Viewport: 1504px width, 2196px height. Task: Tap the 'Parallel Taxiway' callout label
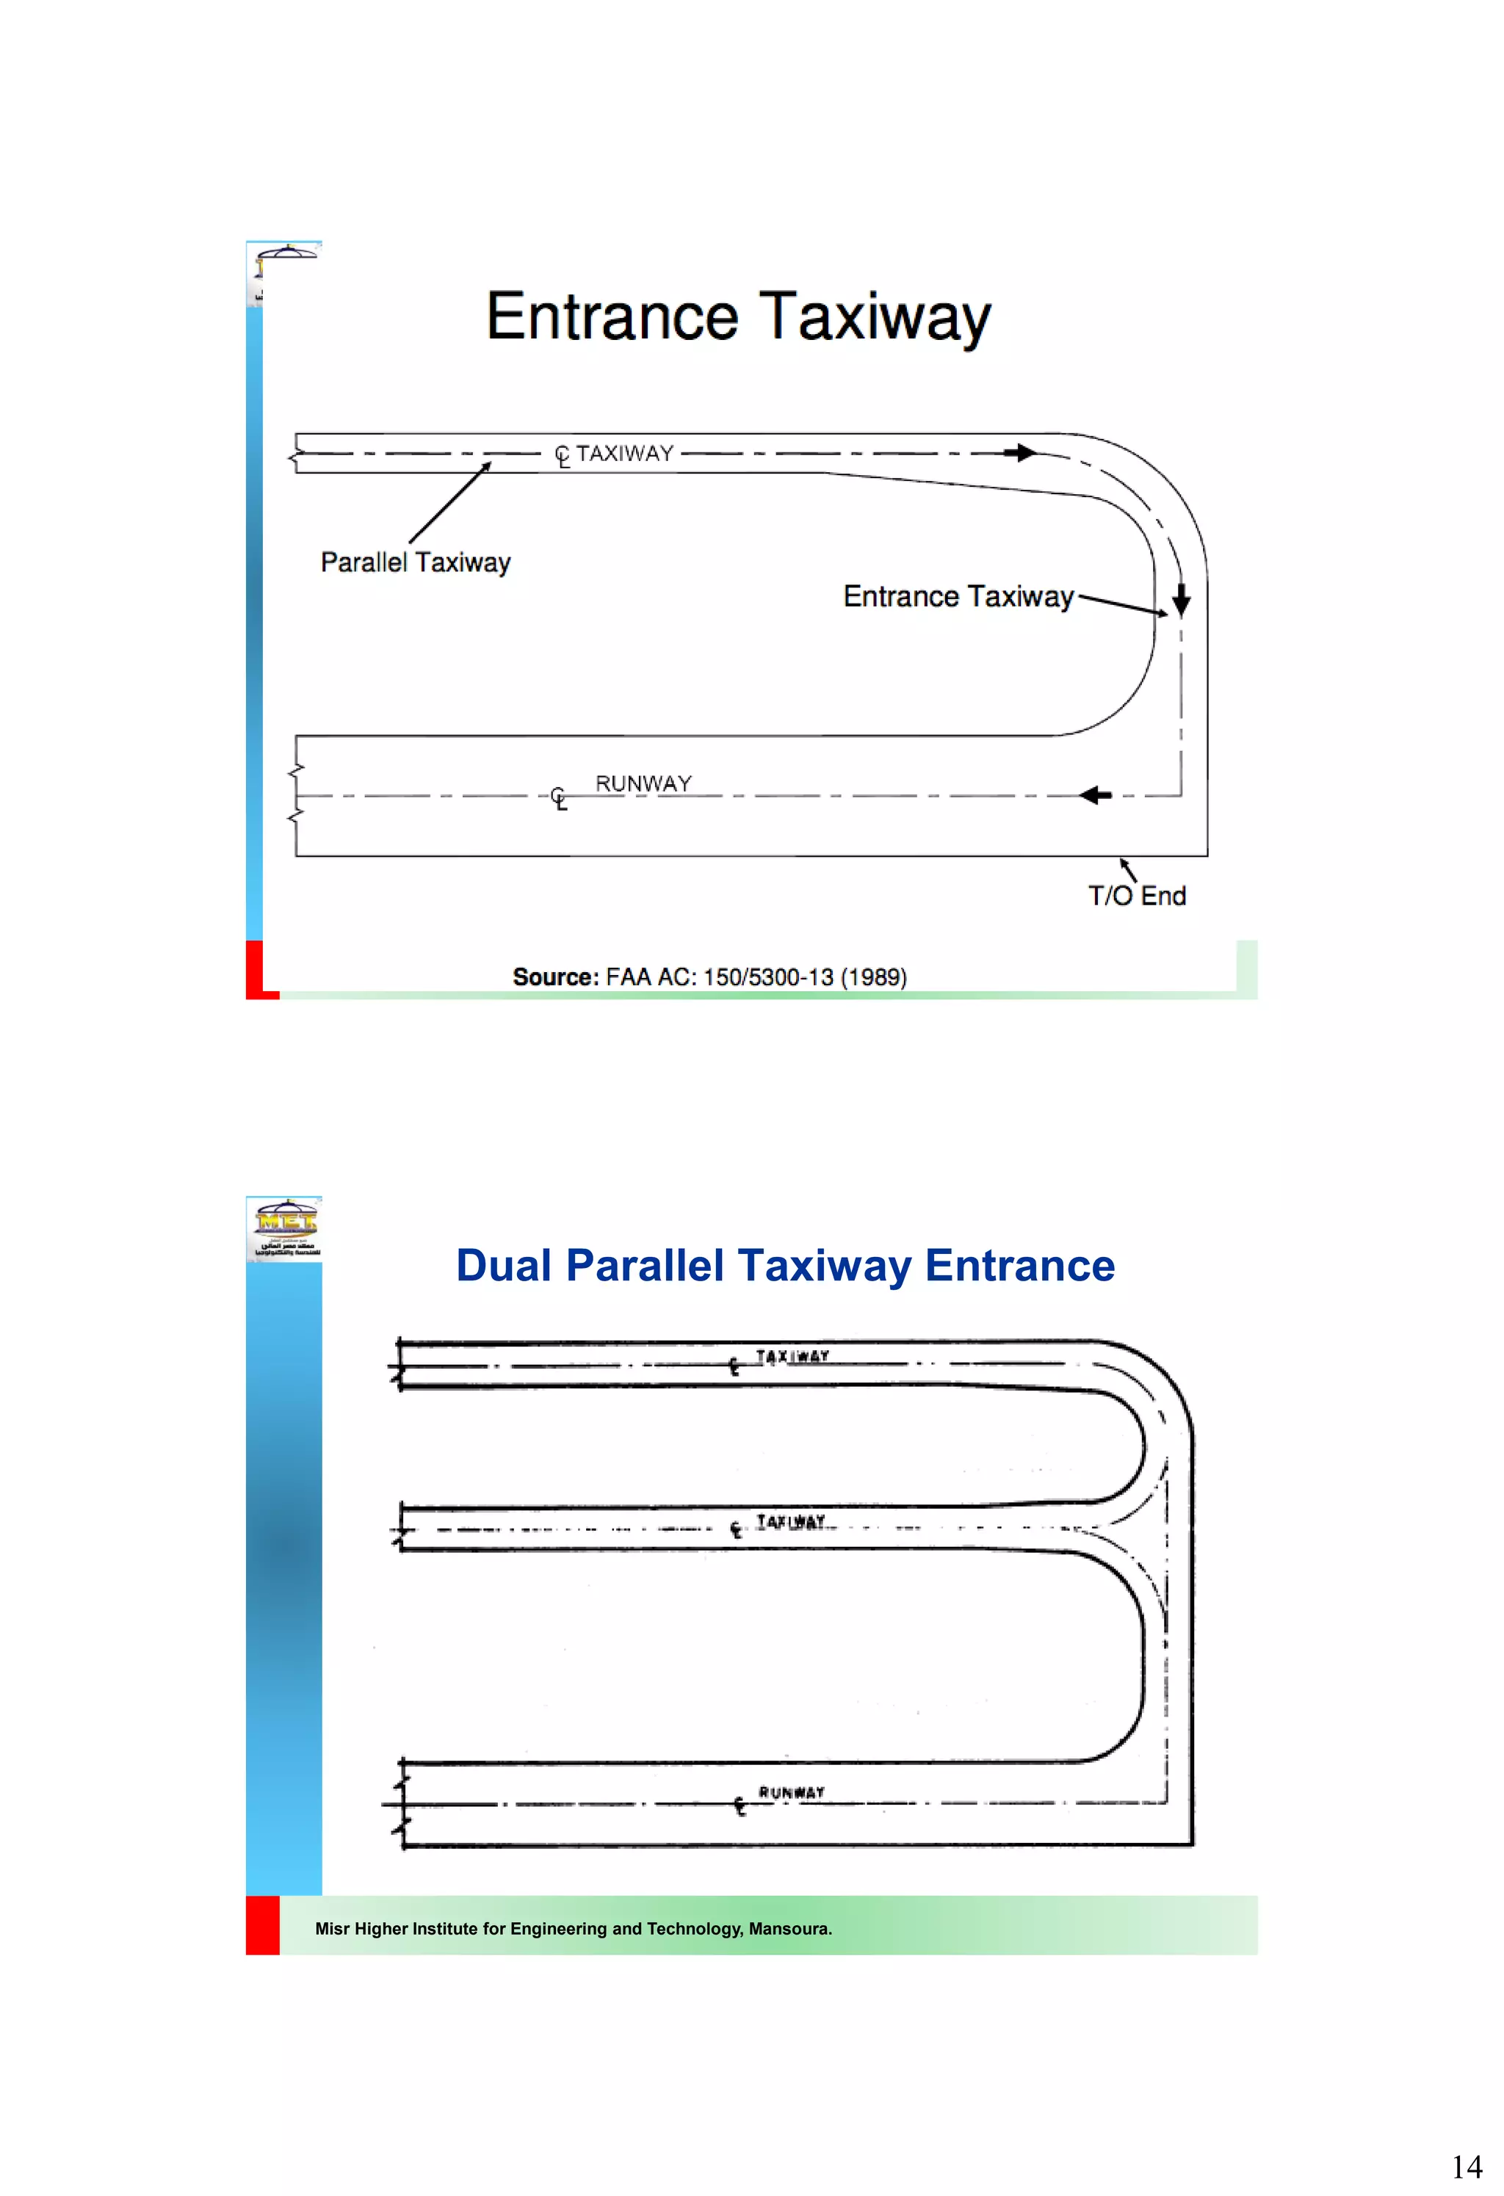click(415, 562)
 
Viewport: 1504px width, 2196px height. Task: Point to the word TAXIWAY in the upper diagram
click(625, 454)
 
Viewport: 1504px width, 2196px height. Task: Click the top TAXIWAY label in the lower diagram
click(792, 1356)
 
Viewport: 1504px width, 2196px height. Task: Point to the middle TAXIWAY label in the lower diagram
click(790, 1521)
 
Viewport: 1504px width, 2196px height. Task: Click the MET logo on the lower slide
click(284, 1228)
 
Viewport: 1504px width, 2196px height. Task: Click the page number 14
click(1467, 2167)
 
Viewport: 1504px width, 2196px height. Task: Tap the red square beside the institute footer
click(262, 1925)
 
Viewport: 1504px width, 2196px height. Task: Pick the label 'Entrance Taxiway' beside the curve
click(958, 596)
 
